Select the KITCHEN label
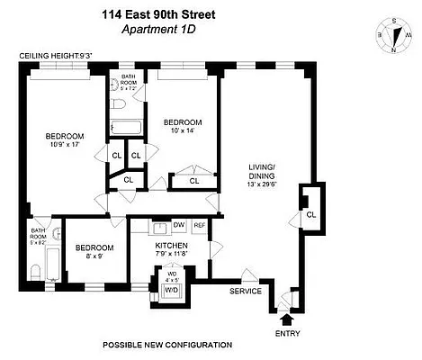(x=170, y=245)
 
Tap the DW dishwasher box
(x=178, y=225)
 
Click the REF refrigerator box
(x=199, y=225)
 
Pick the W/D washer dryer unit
(x=170, y=291)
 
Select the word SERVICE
(x=245, y=291)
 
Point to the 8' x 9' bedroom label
(x=94, y=257)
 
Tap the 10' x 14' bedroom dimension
(x=183, y=132)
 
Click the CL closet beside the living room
(x=310, y=215)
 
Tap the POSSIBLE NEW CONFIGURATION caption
(x=166, y=345)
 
